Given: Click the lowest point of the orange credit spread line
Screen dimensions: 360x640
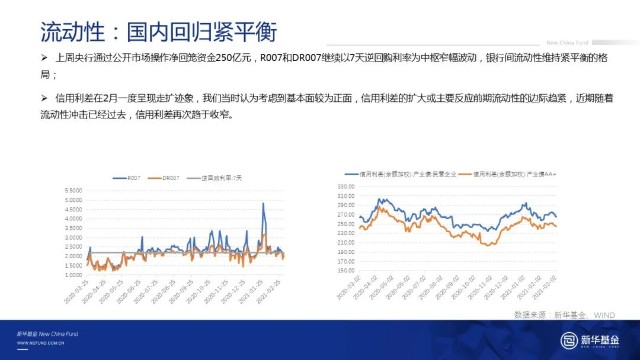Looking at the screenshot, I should pos(487,244).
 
